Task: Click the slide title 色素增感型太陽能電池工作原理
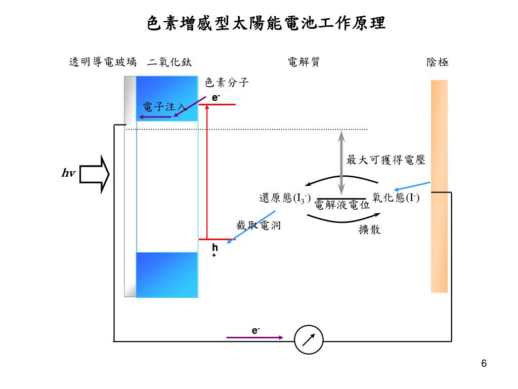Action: (x=266, y=23)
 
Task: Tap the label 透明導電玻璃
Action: (x=103, y=62)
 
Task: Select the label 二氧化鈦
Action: (x=169, y=62)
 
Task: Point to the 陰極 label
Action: (x=438, y=62)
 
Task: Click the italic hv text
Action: (x=68, y=174)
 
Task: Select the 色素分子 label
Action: (x=227, y=83)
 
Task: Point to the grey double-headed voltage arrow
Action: (x=341, y=163)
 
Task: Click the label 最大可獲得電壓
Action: (x=385, y=160)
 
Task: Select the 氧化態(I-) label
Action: (x=396, y=198)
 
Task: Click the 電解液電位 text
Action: (x=342, y=205)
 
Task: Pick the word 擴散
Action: (x=369, y=229)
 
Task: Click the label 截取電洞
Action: (x=258, y=225)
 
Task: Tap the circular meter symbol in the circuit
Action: (x=309, y=338)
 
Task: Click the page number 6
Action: (x=484, y=364)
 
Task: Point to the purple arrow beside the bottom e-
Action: (x=254, y=337)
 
